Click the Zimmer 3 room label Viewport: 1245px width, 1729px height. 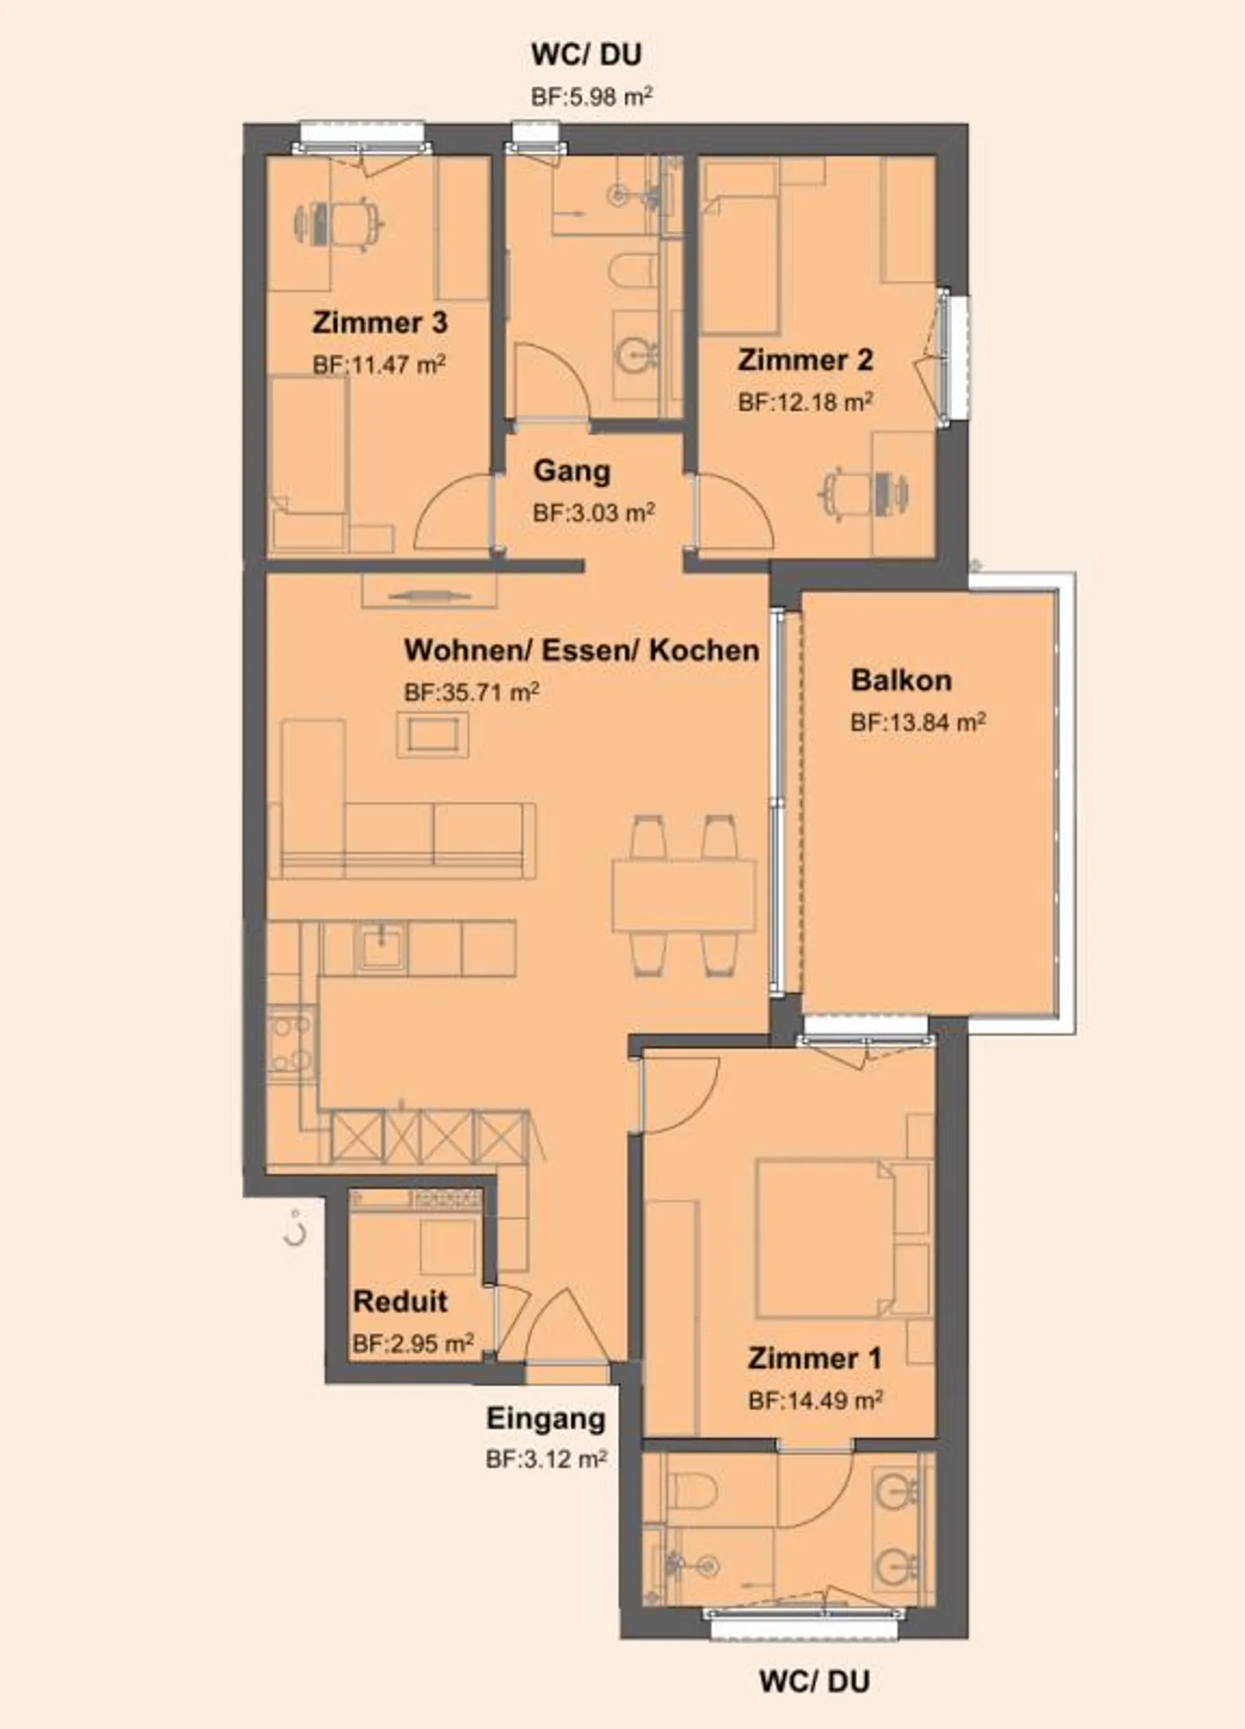pyautogui.click(x=380, y=323)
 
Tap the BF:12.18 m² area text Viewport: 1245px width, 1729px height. pyautogui.click(x=805, y=402)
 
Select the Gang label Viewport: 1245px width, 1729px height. pyautogui.click(x=571, y=471)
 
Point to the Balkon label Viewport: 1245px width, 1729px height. pyautogui.click(x=901, y=680)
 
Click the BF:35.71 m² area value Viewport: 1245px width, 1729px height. pyautogui.click(x=472, y=692)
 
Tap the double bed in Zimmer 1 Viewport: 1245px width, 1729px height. pyautogui.click(x=825, y=1238)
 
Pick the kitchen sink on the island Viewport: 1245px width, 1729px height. pyautogui.click(x=380, y=947)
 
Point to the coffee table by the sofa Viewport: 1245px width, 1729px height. pyautogui.click(x=433, y=736)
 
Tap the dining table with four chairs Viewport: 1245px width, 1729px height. pyautogui.click(x=683, y=895)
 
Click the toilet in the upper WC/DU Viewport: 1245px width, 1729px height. pyautogui.click(x=634, y=271)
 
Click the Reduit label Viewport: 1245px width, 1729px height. pyautogui.click(x=400, y=1301)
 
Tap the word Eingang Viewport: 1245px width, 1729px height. pyautogui.click(x=546, y=1419)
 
